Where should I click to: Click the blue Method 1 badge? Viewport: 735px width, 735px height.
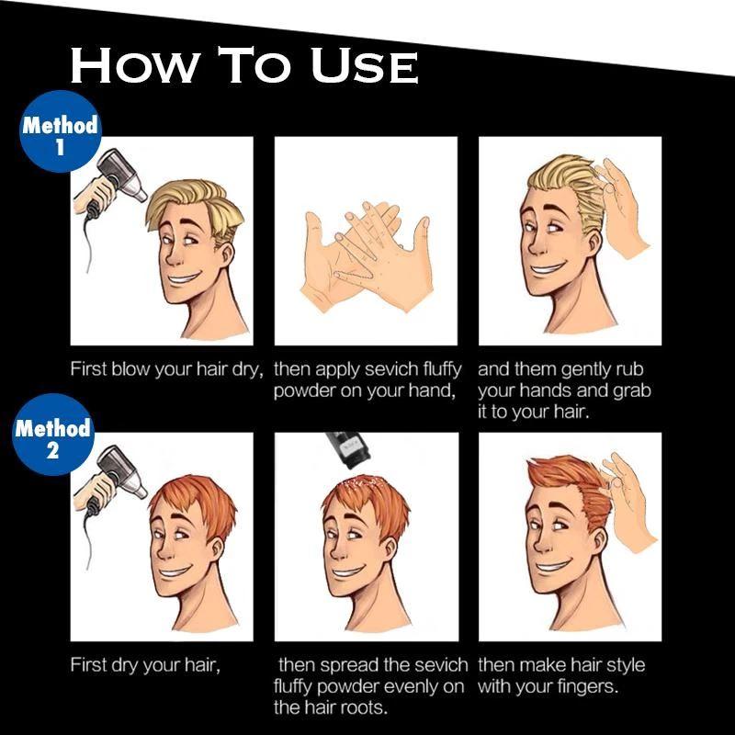click(60, 131)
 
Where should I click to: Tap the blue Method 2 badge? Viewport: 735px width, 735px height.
click(53, 435)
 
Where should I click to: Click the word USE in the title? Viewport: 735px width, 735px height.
click(365, 65)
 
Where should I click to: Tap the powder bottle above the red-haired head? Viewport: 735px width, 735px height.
click(349, 449)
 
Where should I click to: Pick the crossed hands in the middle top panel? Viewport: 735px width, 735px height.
click(365, 255)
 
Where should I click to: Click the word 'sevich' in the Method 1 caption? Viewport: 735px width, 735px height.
click(391, 369)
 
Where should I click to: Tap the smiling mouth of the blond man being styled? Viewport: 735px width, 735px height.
click(548, 268)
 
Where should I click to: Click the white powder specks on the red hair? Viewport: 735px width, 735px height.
click(364, 483)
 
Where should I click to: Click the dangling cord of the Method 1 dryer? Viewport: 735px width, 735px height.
click(89, 243)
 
